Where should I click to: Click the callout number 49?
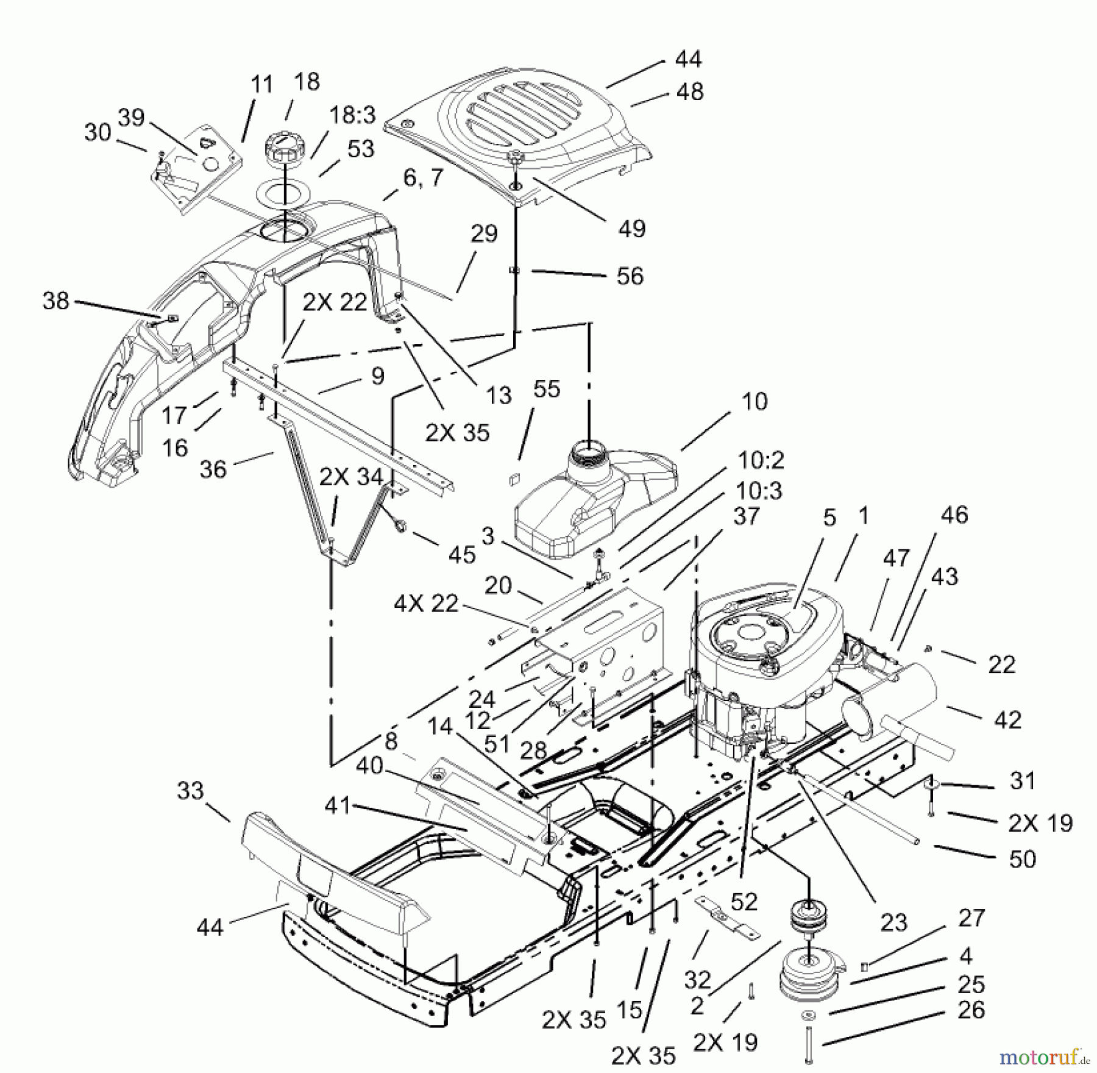pos(632,229)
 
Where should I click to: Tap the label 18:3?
pos(353,115)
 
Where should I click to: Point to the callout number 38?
pos(56,301)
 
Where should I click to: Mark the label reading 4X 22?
pos(426,604)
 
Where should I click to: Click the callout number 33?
pos(190,791)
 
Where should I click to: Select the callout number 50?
pos(1023,859)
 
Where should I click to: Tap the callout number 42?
pos(1007,719)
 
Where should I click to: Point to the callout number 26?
pos(971,1010)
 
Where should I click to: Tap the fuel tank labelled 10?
pos(585,506)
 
